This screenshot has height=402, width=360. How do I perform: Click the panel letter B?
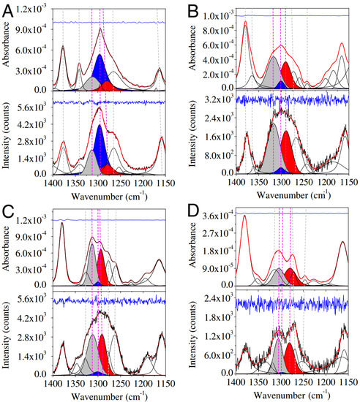(193, 10)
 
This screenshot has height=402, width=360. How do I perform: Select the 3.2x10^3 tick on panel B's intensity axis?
(215, 99)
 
